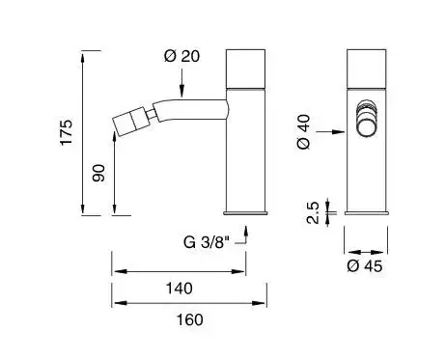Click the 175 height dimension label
[67, 132]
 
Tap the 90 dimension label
[98, 173]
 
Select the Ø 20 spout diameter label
[181, 56]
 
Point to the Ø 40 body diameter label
[303, 132]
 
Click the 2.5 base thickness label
[313, 212]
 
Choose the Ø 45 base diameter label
[365, 266]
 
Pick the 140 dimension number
[180, 289]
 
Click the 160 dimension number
[190, 319]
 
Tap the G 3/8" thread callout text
[208, 242]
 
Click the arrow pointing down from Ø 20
[181, 82]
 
